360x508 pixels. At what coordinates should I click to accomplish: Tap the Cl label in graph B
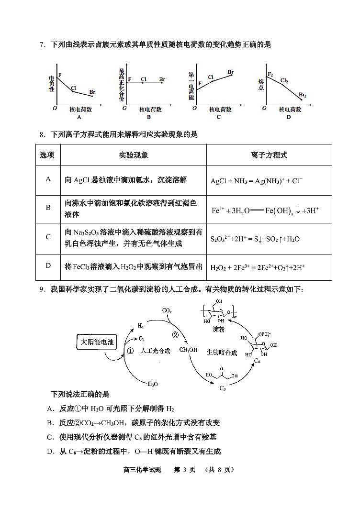[x=144, y=79]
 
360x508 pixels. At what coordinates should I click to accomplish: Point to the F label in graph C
[x=200, y=84]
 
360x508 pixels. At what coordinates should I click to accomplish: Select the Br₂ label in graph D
[x=303, y=95]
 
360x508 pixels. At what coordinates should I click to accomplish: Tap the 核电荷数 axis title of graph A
[x=81, y=110]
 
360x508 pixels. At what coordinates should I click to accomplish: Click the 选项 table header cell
[x=47, y=155]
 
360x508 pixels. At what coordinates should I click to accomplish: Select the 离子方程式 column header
[x=269, y=155]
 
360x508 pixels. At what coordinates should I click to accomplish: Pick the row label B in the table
[x=48, y=208]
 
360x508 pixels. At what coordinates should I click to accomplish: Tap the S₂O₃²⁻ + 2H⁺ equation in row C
[x=255, y=238]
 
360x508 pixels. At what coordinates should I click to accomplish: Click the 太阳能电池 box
[x=97, y=342]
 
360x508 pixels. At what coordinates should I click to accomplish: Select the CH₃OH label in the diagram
[x=188, y=350]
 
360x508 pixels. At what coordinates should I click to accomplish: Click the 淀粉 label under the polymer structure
[x=219, y=330]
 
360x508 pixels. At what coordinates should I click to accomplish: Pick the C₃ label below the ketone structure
[x=223, y=387]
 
